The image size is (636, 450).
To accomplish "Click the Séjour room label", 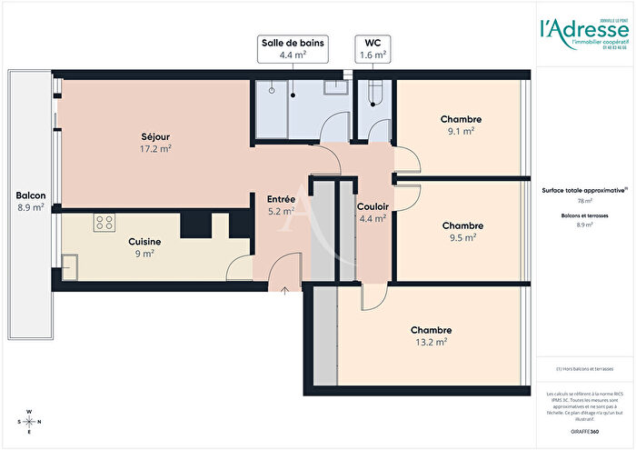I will pyautogui.click(x=155, y=136).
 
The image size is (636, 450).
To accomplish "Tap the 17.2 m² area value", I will pyautogui.click(x=155, y=148).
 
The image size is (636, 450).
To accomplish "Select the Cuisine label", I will pyautogui.click(x=145, y=241).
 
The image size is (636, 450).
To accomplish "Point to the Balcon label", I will pyautogui.click(x=31, y=195).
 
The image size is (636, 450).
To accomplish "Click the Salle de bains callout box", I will pyautogui.click(x=293, y=49).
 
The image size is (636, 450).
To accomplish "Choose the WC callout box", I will pyautogui.click(x=373, y=49).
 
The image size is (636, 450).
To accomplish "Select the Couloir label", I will pyautogui.click(x=373, y=206).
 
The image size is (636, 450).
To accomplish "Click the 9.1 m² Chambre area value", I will pyautogui.click(x=461, y=131).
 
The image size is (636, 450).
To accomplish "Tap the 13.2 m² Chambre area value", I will pyautogui.click(x=431, y=342).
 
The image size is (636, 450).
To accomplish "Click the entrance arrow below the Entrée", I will pyautogui.click(x=286, y=292).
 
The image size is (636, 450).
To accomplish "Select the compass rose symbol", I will pyautogui.click(x=30, y=421).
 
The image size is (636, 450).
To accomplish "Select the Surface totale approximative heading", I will pyautogui.click(x=584, y=191).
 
